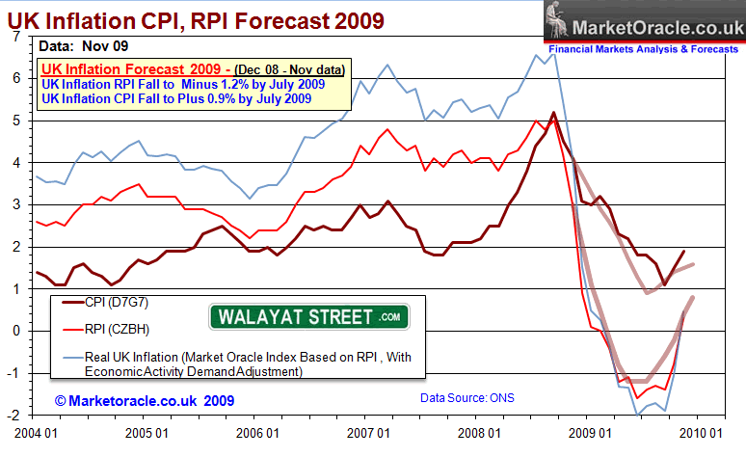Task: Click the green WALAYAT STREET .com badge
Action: [308, 315]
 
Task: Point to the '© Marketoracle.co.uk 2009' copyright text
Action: [144, 398]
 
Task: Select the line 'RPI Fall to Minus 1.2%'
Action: [183, 84]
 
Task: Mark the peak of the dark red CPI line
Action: [553, 112]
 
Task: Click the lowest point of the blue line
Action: [637, 415]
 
